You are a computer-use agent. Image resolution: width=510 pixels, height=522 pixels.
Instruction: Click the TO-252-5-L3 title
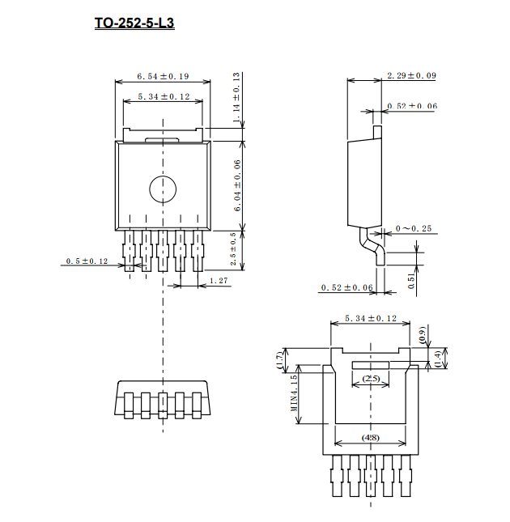(134, 23)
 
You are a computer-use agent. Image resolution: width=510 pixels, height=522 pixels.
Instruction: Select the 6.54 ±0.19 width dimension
(163, 76)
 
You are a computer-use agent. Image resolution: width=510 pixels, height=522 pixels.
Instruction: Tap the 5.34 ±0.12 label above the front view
(164, 96)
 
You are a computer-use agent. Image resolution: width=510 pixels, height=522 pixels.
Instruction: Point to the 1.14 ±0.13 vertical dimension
(236, 97)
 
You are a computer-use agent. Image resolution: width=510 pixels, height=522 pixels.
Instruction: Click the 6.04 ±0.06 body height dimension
(237, 185)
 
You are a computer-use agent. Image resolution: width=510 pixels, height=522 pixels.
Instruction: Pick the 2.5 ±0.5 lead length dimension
(233, 248)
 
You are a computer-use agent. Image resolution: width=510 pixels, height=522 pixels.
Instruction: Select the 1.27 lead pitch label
(219, 281)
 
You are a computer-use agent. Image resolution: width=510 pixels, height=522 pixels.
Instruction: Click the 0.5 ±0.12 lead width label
(87, 261)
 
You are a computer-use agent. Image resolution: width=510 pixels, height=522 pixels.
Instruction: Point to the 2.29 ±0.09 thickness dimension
(411, 75)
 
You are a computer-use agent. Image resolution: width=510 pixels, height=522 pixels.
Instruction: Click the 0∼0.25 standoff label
(414, 228)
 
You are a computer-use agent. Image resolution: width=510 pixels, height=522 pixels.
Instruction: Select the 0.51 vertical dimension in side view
(411, 281)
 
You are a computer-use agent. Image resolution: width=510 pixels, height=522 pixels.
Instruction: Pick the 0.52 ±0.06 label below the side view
(346, 287)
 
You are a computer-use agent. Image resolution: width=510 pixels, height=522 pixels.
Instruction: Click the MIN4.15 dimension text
(294, 393)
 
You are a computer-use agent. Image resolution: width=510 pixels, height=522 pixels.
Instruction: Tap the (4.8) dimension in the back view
(371, 438)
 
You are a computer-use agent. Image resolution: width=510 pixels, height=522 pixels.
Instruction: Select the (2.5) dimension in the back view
(371, 379)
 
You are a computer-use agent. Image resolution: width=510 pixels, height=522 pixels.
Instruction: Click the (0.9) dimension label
(422, 335)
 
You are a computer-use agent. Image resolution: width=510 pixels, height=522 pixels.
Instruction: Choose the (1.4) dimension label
(438, 358)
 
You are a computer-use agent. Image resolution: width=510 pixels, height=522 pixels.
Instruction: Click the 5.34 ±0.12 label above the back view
(371, 319)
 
